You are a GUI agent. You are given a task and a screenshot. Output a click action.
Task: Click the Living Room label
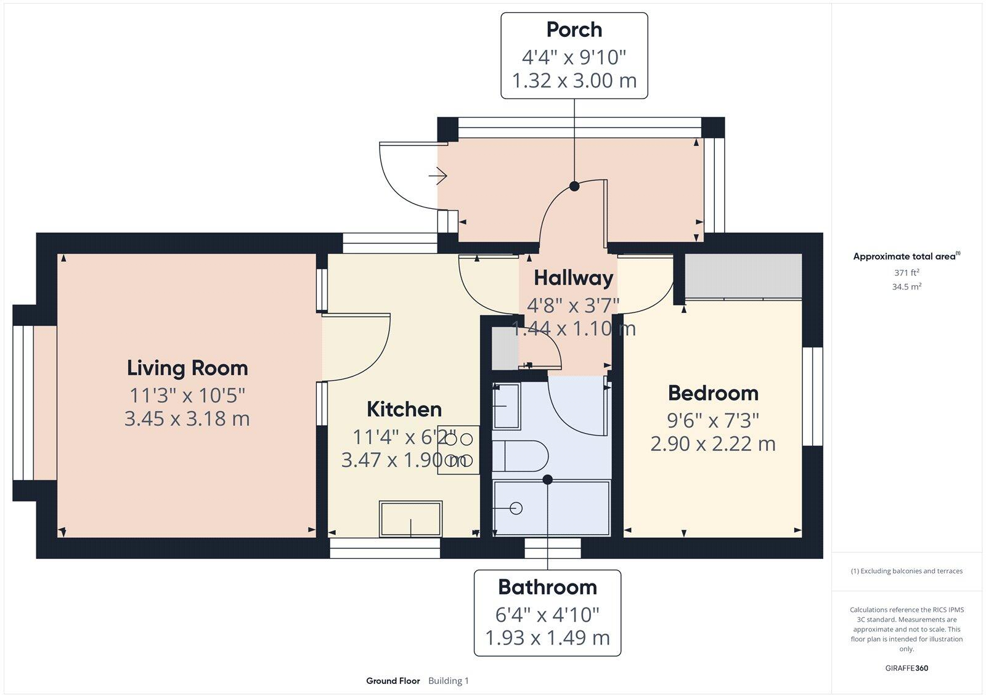point(187,368)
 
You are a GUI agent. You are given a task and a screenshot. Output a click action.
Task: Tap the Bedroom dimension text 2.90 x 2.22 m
point(713,444)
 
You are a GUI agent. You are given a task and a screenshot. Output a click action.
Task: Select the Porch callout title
point(574,30)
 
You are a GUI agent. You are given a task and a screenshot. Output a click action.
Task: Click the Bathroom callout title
point(547,587)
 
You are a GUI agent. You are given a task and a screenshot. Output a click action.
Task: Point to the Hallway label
point(573,278)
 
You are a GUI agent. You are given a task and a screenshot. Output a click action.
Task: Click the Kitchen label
point(404,409)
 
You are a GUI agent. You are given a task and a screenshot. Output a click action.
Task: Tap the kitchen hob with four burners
point(458,450)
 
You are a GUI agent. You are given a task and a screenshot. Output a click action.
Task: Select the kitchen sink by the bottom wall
point(410,519)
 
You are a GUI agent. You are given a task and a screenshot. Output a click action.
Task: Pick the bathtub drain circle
point(516,508)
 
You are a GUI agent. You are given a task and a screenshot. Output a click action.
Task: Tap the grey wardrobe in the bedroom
point(743,276)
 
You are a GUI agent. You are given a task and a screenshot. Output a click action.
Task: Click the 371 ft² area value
point(907,272)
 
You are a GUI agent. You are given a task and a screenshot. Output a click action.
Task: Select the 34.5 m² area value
point(907,287)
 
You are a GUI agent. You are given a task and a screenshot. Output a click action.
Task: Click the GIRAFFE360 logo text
point(907,668)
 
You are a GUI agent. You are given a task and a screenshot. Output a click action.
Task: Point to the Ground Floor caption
point(393,681)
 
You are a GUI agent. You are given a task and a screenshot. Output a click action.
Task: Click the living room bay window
point(23,402)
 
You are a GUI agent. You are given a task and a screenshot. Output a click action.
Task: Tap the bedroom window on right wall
point(813,396)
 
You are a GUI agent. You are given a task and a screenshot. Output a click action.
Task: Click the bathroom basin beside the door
point(507,405)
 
